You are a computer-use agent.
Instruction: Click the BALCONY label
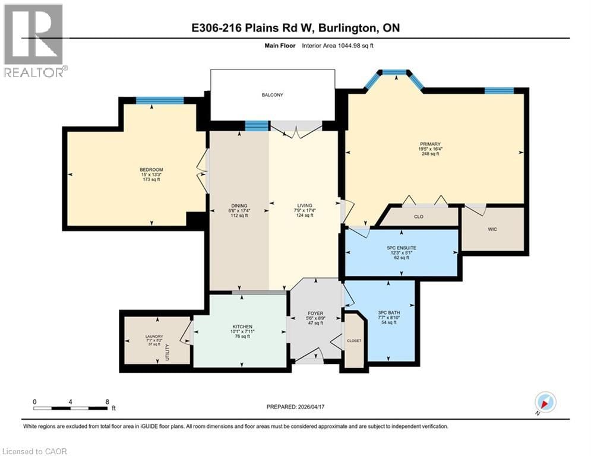(x=274, y=95)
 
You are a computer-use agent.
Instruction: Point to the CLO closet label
(x=419, y=217)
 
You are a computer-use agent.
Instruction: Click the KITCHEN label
(x=242, y=327)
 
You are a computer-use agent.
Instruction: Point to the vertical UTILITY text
(x=168, y=353)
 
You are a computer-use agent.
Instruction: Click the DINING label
(x=240, y=206)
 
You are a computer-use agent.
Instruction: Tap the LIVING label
(x=305, y=206)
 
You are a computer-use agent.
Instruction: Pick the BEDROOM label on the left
(x=151, y=170)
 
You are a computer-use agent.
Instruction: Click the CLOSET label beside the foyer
(x=355, y=341)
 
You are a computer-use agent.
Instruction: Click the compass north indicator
(x=545, y=403)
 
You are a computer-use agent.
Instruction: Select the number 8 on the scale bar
(x=107, y=401)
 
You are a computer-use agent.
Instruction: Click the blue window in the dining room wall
(x=257, y=125)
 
